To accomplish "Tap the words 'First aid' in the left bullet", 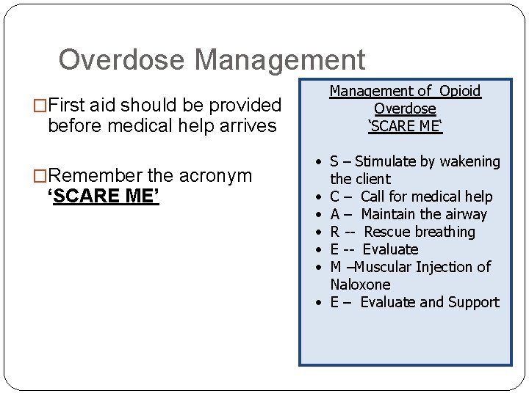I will pyautogui.click(x=90, y=106).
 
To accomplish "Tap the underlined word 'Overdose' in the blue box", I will pyautogui.click(x=404, y=109).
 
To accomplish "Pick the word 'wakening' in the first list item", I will pyautogui.click(x=471, y=161).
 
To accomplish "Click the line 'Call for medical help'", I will pyautogui.click(x=426, y=197).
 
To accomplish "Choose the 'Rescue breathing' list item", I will pyautogui.click(x=419, y=232).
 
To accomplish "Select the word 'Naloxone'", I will pyautogui.click(x=360, y=285).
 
